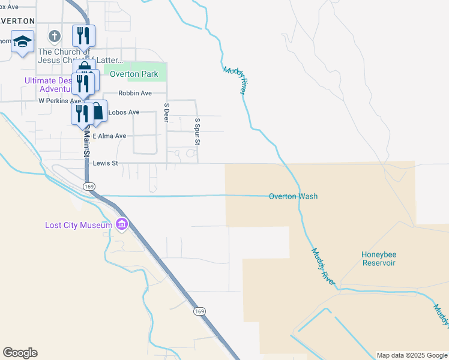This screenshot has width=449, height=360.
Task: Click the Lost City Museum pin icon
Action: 122,224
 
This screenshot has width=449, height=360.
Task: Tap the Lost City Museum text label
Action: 79,226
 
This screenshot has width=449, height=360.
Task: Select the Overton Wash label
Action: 293,196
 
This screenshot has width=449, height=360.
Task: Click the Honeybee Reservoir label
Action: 379,259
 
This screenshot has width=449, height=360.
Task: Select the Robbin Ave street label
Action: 135,93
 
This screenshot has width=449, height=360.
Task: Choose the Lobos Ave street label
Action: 124,112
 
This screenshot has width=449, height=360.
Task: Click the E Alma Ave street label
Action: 109,136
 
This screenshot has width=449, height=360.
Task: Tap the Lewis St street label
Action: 105,163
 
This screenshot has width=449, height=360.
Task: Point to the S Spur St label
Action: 196,131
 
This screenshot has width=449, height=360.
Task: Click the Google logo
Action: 20,353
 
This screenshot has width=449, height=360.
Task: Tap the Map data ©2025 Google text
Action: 411,355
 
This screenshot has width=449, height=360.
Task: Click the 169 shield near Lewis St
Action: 89,187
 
